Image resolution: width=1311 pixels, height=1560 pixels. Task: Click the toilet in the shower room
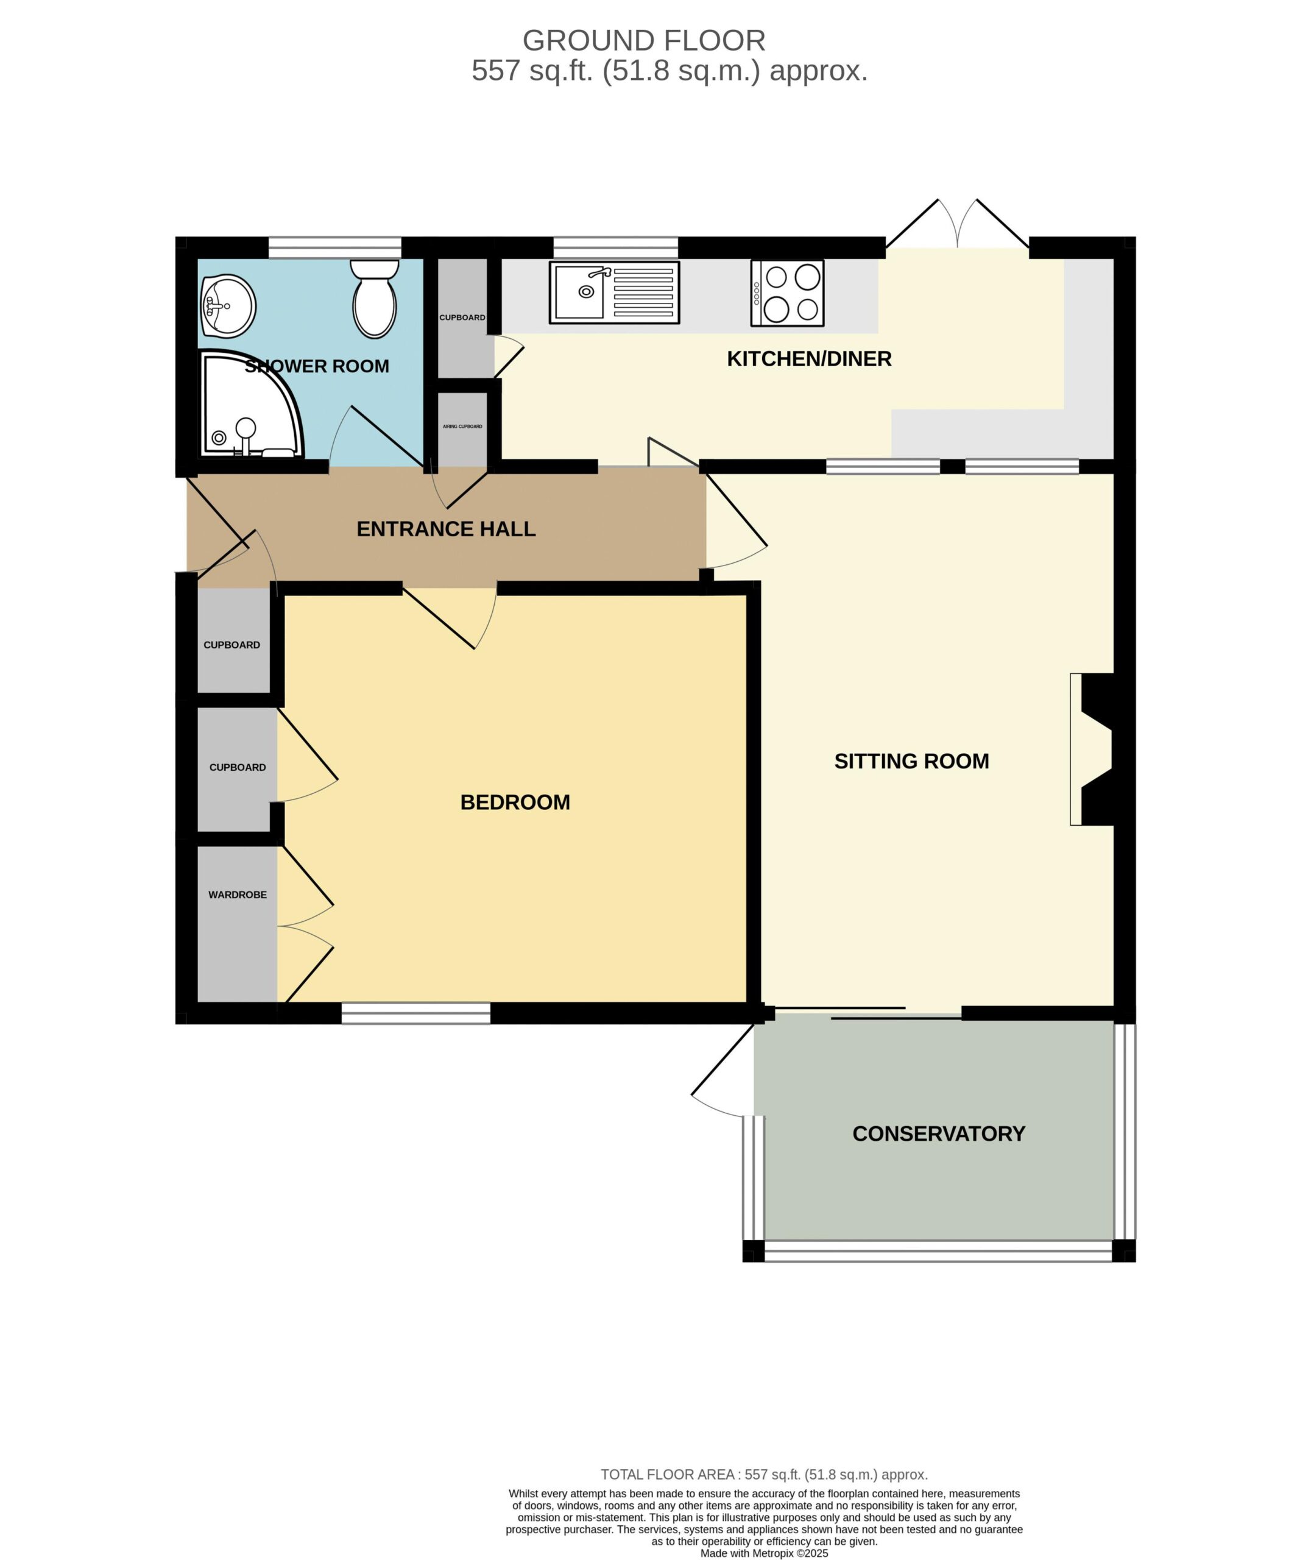(x=375, y=299)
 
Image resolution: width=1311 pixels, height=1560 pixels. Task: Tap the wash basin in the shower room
(x=229, y=305)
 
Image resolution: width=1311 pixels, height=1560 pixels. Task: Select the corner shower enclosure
(x=251, y=403)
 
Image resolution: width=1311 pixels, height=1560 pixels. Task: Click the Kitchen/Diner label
(x=808, y=359)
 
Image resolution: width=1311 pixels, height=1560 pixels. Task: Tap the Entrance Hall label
(x=446, y=529)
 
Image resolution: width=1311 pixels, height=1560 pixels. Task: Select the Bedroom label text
(x=515, y=802)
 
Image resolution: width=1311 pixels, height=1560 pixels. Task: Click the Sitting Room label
(x=911, y=761)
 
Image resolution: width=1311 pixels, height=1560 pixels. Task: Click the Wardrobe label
(x=237, y=895)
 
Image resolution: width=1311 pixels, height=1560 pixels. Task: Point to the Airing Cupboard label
(x=462, y=427)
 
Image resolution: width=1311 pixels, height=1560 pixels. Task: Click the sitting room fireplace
(x=1091, y=749)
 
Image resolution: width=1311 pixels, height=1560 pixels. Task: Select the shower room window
(x=334, y=247)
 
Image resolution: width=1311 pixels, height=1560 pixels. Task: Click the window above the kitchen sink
(x=615, y=247)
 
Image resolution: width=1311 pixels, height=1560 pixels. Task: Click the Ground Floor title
(x=643, y=40)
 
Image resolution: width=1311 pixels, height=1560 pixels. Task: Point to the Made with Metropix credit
(x=764, y=1553)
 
